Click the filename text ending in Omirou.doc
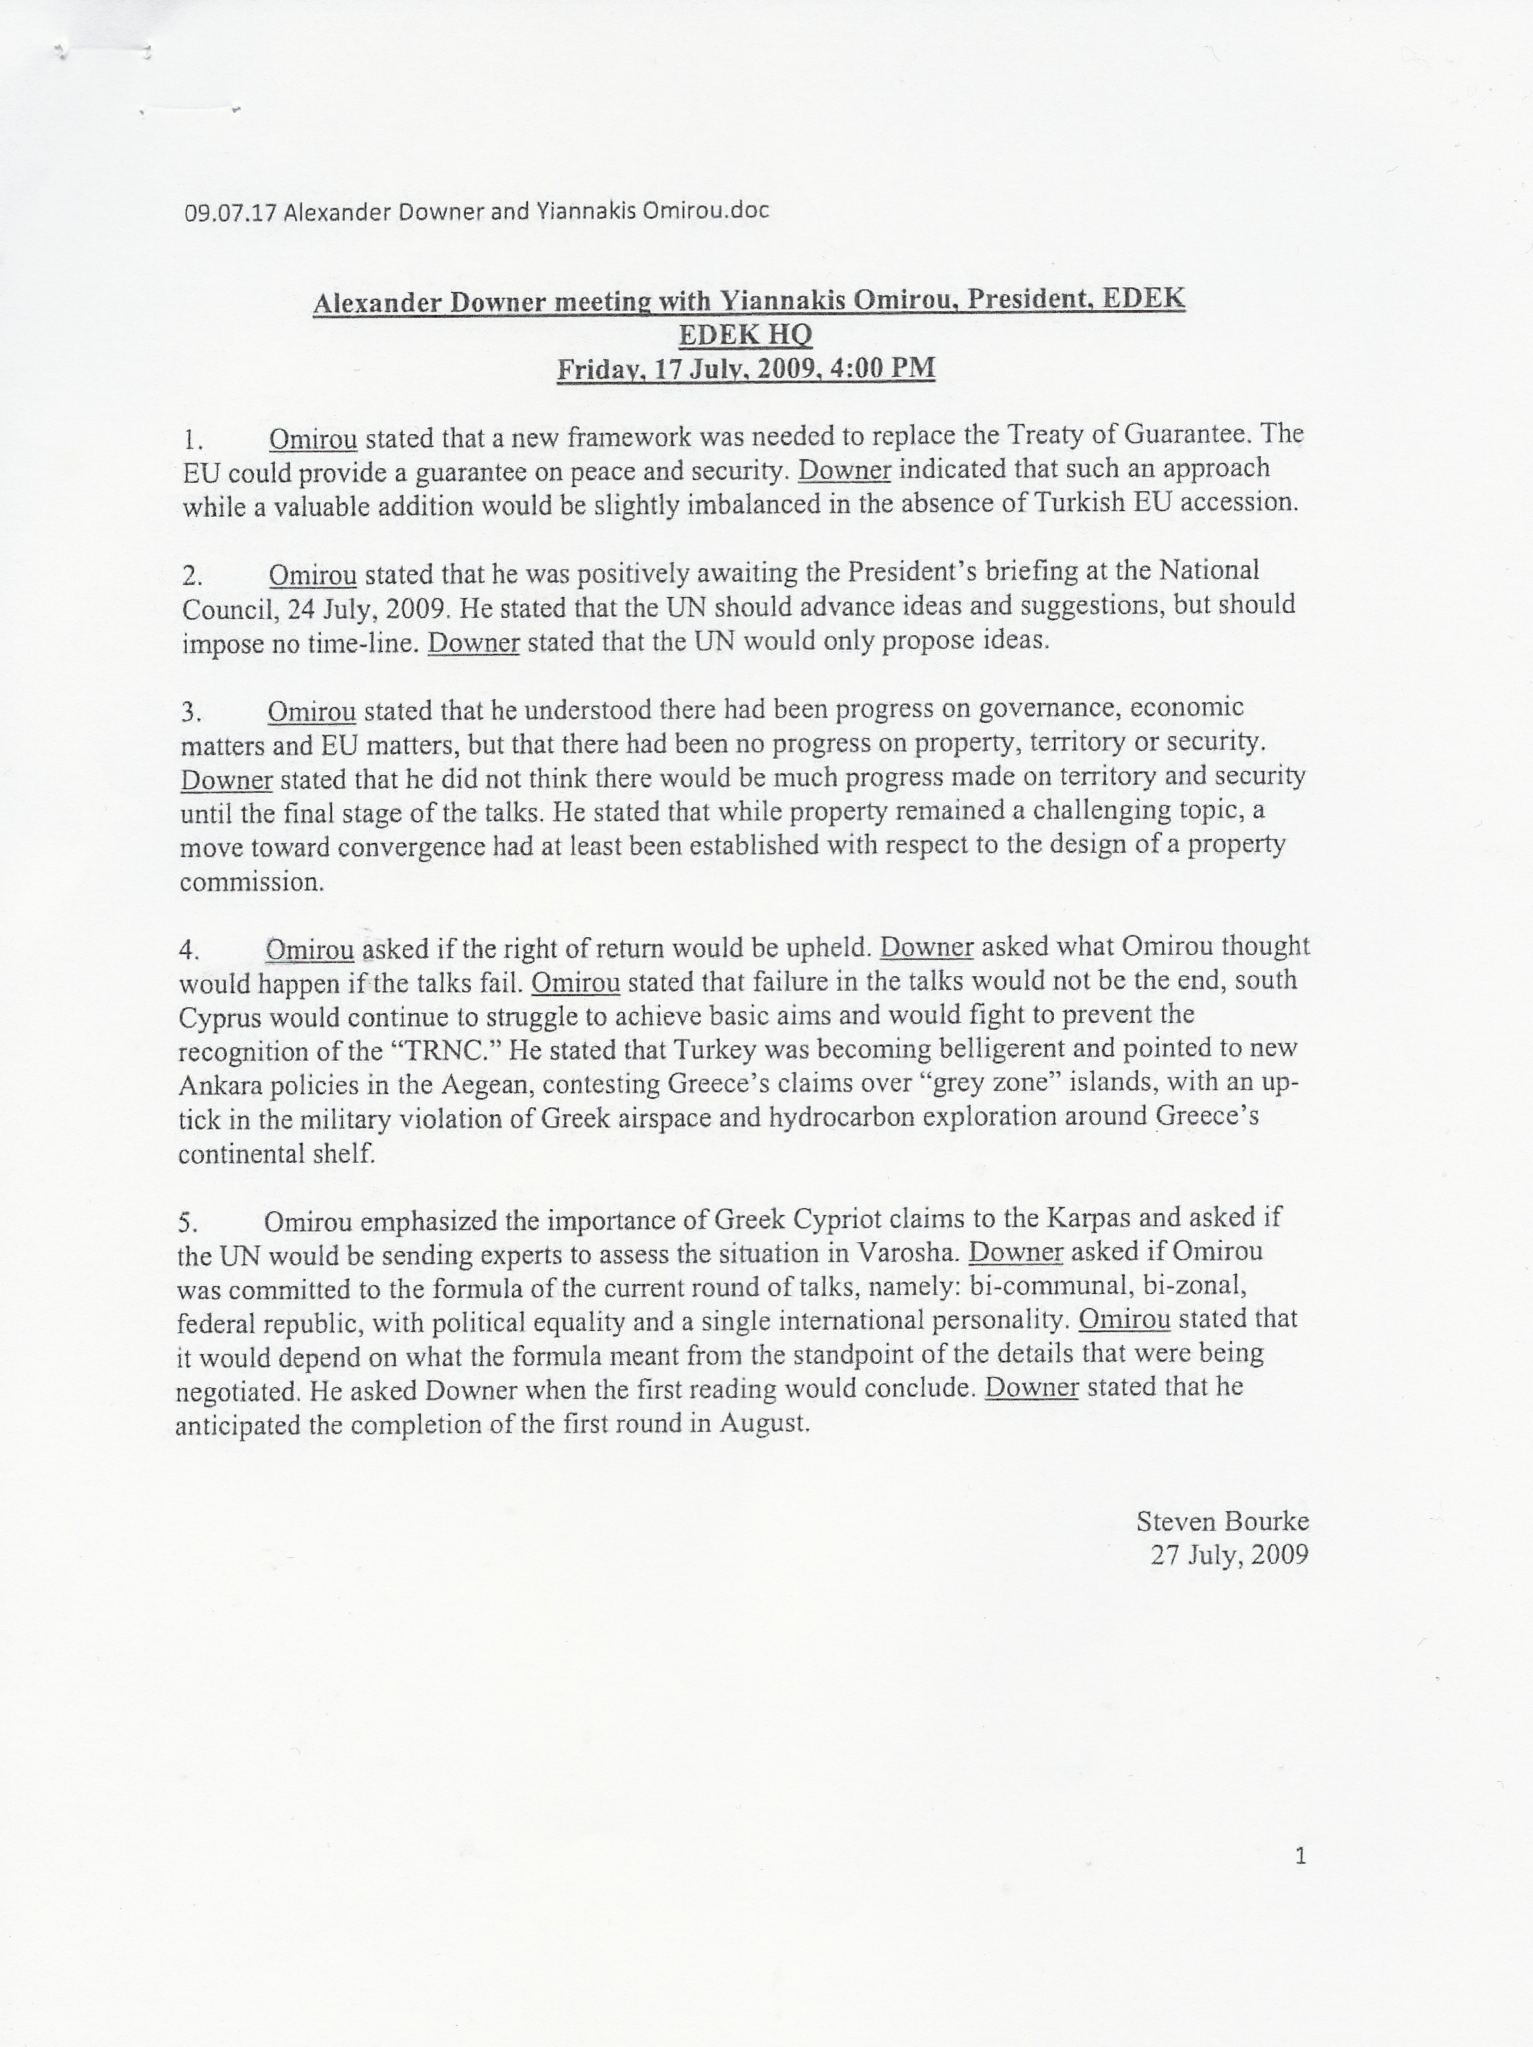[x=477, y=212]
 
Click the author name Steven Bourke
[x=1222, y=1521]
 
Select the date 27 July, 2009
[x=1229, y=1555]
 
